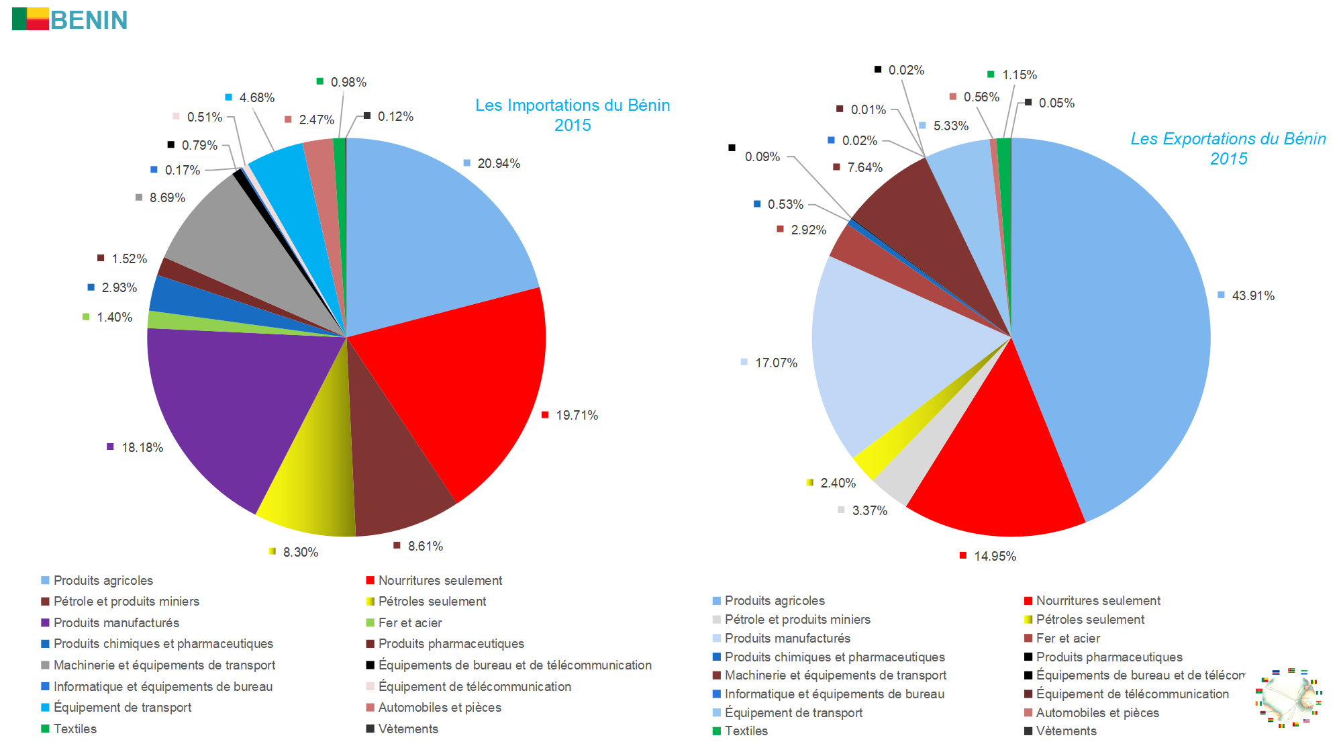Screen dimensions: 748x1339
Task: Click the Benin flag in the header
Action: [x=30, y=19]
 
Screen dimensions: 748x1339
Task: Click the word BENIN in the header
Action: [x=89, y=20]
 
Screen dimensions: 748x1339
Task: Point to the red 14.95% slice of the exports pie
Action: [x=993, y=470]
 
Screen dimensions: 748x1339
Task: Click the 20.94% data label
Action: [x=498, y=163]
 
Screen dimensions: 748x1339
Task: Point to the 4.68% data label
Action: [x=256, y=97]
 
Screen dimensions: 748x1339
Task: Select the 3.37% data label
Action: [x=869, y=510]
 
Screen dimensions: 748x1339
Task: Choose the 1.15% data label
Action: [x=1019, y=75]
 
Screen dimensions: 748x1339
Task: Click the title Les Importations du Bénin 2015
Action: [x=573, y=115]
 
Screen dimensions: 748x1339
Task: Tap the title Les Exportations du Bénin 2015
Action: [x=1228, y=148]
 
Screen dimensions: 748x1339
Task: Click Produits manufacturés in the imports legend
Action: [x=116, y=622]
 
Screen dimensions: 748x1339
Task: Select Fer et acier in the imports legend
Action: [x=409, y=622]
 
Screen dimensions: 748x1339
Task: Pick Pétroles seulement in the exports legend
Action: [x=1090, y=619]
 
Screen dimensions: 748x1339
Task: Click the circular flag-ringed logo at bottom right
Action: [x=1288, y=698]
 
